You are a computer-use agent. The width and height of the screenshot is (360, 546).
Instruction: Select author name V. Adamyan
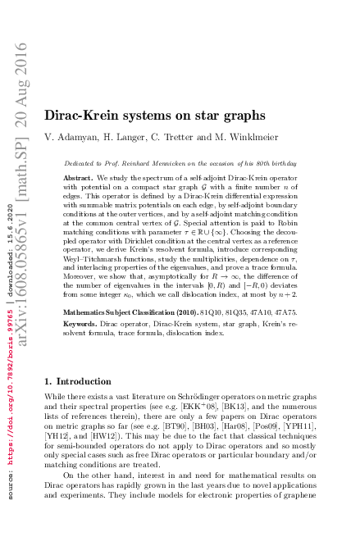click(70, 135)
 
